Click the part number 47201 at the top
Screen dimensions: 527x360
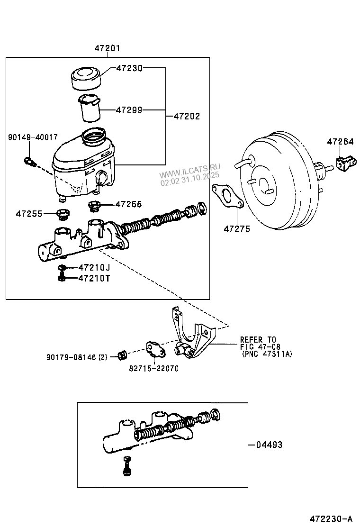[x=107, y=48]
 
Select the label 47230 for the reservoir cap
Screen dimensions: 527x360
[x=129, y=68]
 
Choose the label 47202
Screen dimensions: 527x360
[x=187, y=116]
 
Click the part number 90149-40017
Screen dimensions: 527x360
[x=33, y=137]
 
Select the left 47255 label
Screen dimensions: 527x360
[x=29, y=214]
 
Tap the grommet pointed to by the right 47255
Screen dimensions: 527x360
[x=95, y=206]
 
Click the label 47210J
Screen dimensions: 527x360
[x=94, y=268]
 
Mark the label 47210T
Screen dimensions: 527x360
[x=94, y=278]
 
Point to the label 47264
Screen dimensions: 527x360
[x=340, y=141]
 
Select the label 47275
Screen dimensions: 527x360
[x=237, y=229]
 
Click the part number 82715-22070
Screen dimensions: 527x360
[x=154, y=368]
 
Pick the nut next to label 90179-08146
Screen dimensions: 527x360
[x=122, y=354]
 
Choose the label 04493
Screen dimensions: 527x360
[x=269, y=445]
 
